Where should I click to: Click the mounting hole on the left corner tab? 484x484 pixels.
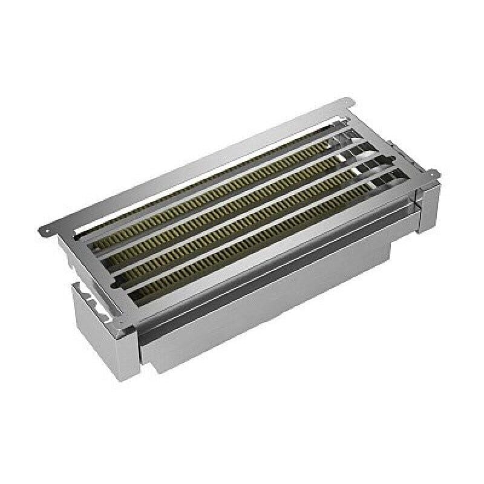pos(46,229)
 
